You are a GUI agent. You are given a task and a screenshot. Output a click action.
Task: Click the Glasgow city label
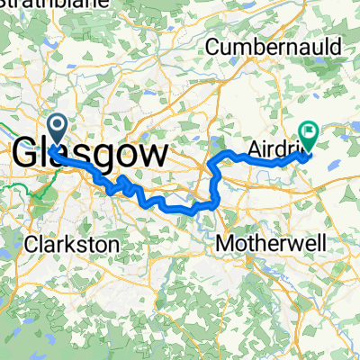tap(90, 153)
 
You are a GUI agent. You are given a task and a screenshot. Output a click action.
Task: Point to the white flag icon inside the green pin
tap(310, 132)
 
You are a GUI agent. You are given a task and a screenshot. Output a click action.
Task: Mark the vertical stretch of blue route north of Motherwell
tap(216, 184)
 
